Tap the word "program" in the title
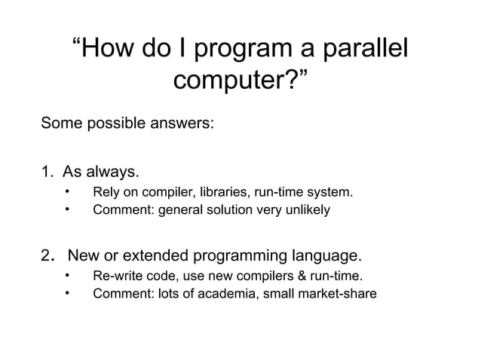[x=238, y=52]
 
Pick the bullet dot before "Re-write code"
[x=67, y=275]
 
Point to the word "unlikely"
[x=306, y=209]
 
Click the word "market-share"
[x=338, y=292]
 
